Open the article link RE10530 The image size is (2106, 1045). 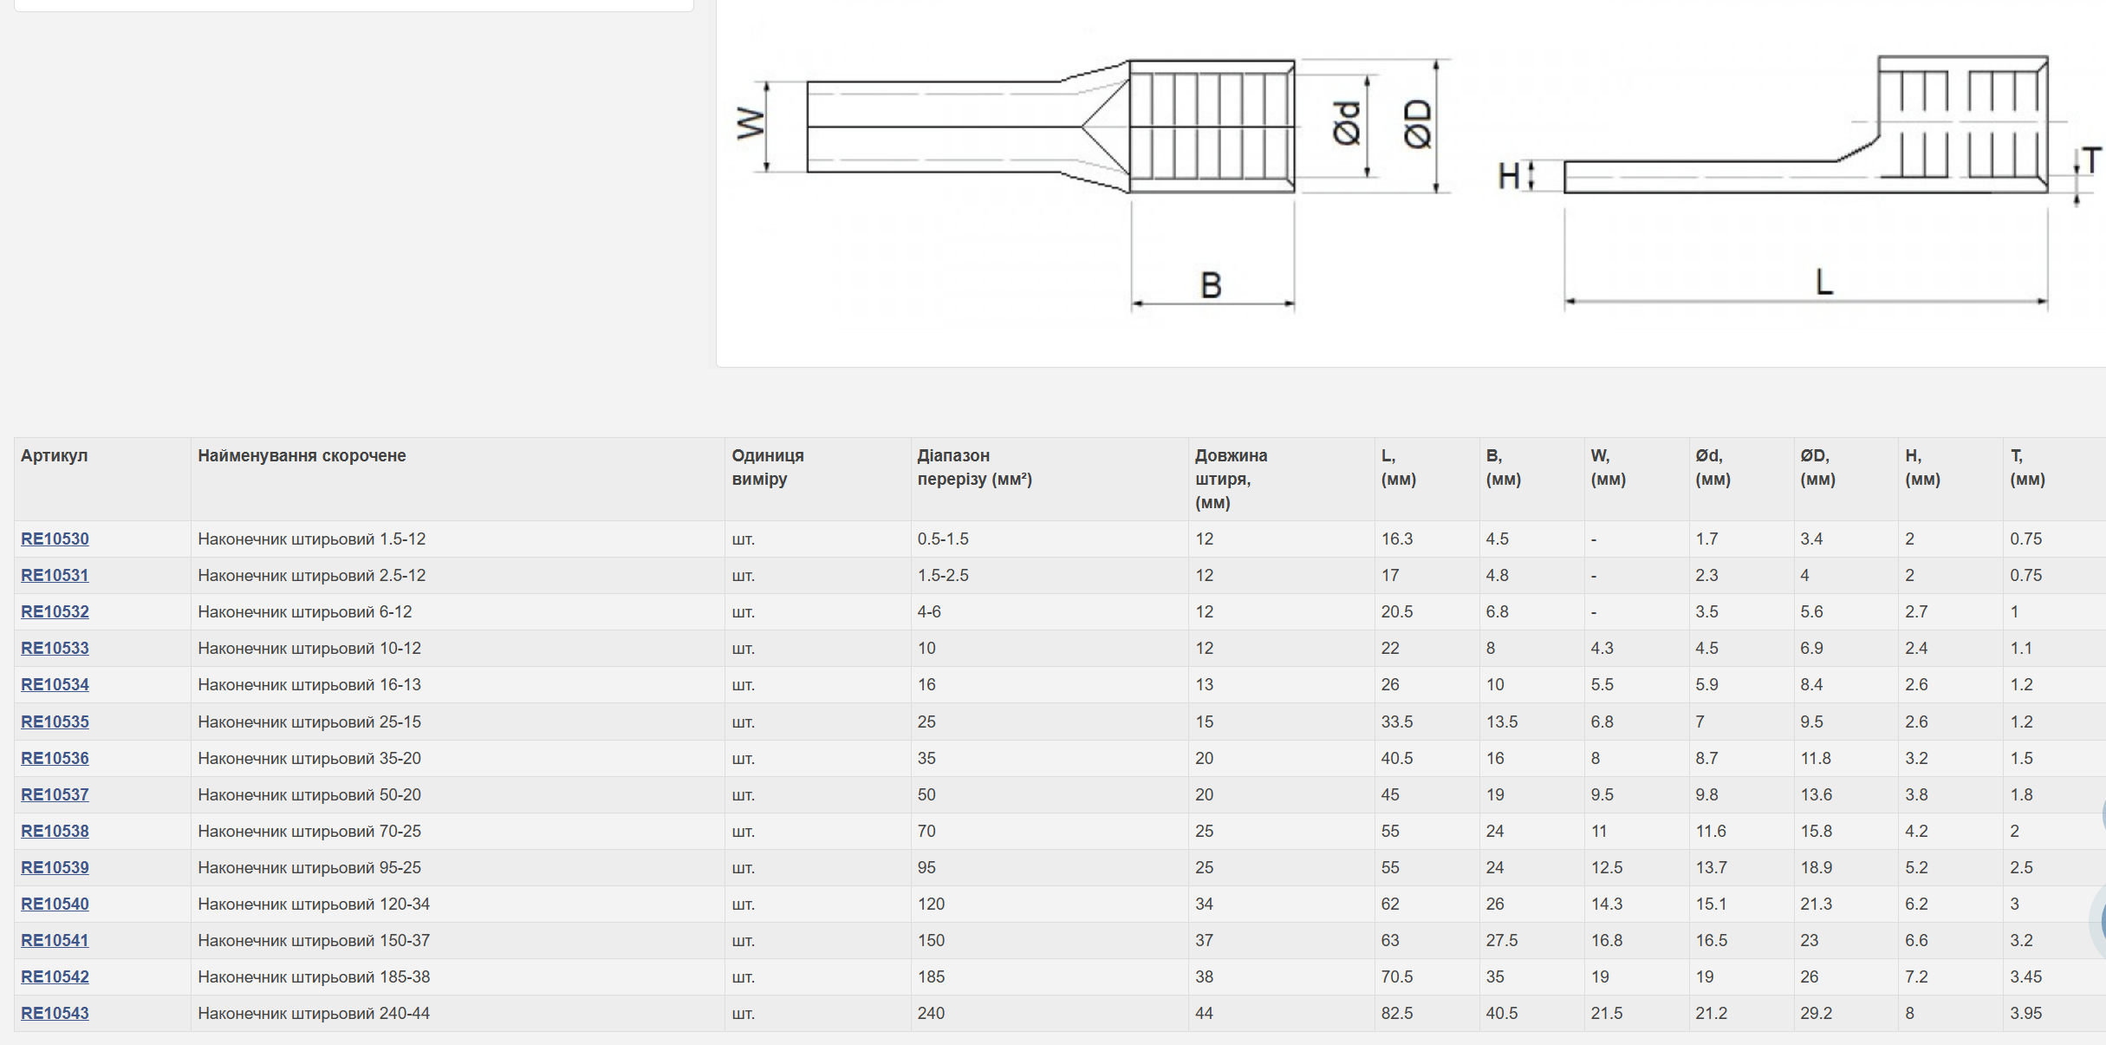(x=55, y=539)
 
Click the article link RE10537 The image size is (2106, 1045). (x=55, y=794)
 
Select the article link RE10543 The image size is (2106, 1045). (x=55, y=1013)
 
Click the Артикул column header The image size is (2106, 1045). (x=55, y=455)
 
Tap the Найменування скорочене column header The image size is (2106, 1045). (x=302, y=455)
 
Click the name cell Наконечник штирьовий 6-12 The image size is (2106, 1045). (x=305, y=611)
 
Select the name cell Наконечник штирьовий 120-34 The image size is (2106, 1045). (x=314, y=904)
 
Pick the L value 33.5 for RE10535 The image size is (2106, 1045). (x=1397, y=722)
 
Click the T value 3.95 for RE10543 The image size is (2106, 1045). (x=2026, y=1013)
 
